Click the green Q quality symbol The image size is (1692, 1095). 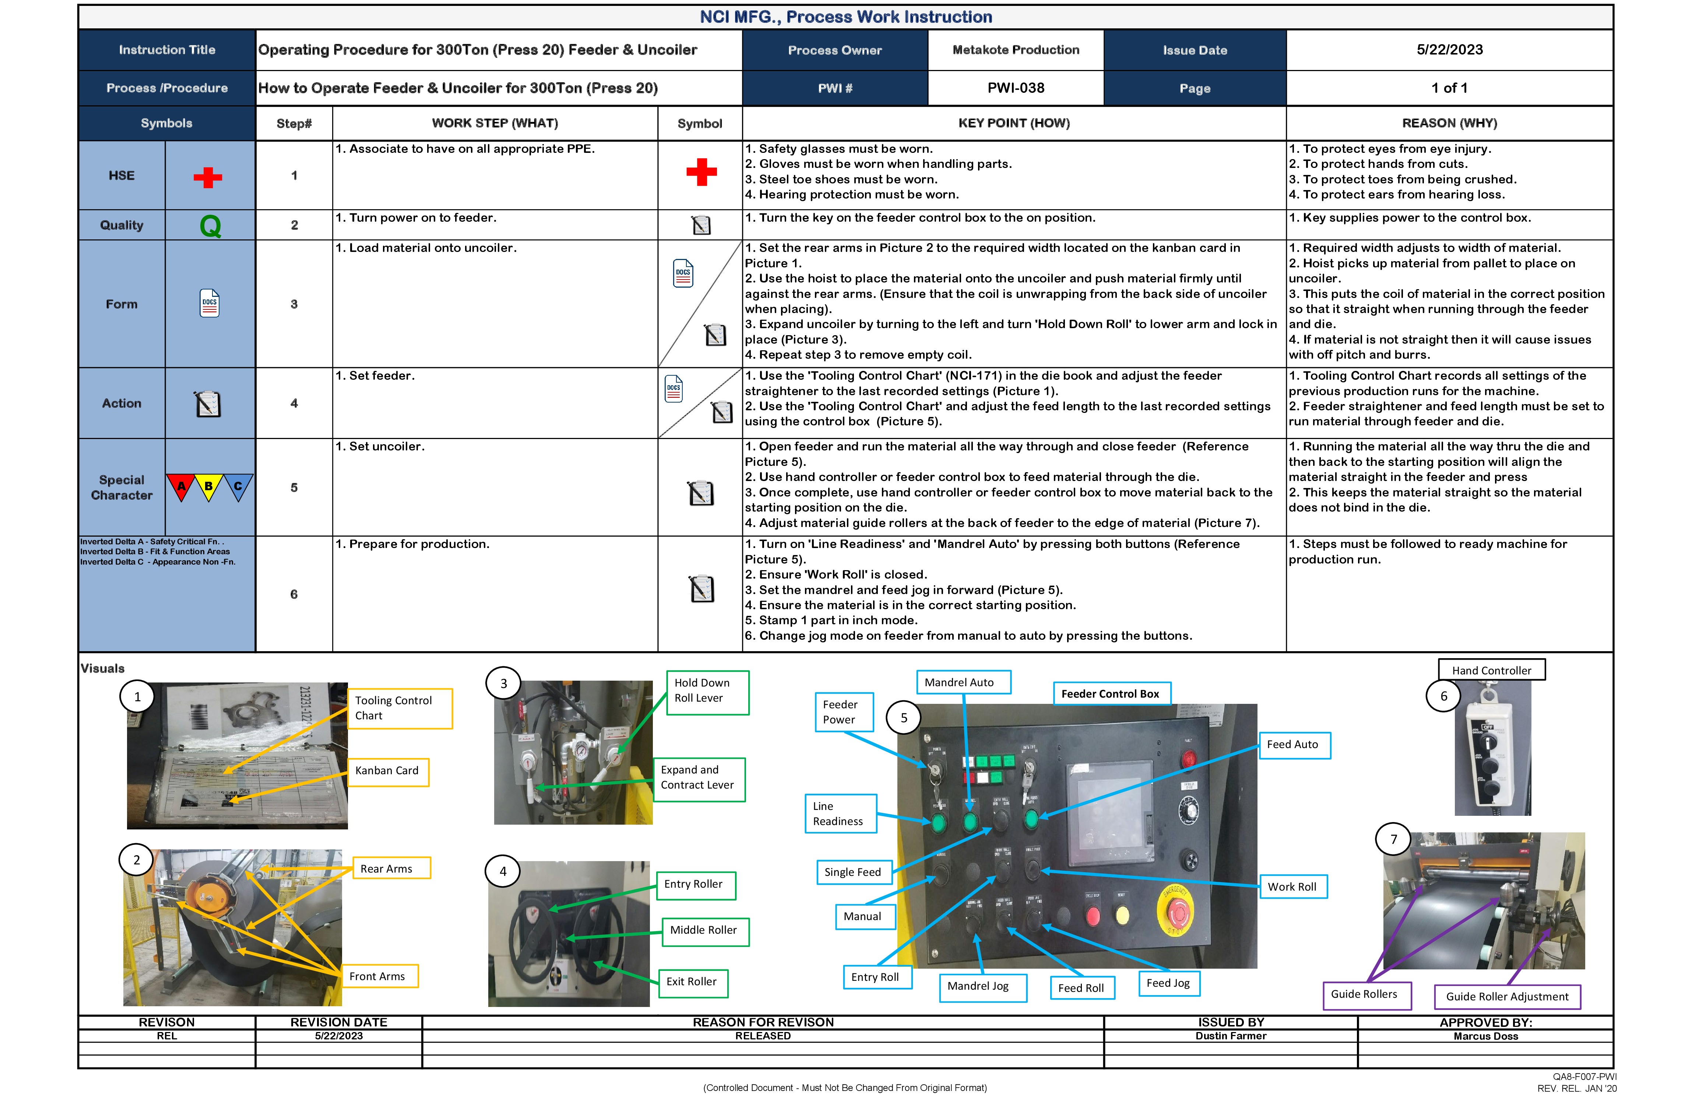coord(210,226)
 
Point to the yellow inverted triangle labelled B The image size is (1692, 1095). coord(209,487)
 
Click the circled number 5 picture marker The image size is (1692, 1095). coord(904,718)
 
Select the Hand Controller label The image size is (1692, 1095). coord(1491,670)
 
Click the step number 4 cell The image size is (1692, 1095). coord(293,403)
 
